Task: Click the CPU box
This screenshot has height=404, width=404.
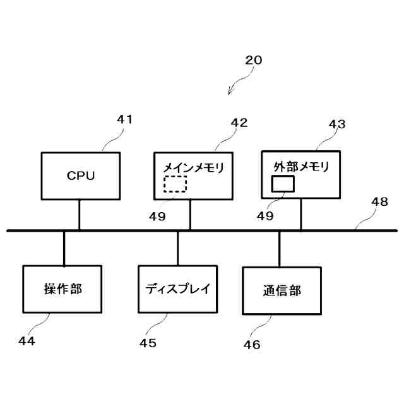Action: coord(80,176)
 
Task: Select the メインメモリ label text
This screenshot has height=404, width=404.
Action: coord(194,168)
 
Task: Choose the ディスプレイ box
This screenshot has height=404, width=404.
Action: coord(177,289)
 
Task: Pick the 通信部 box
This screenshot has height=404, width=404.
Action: coord(282,290)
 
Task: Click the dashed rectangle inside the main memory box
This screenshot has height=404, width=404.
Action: coord(175,184)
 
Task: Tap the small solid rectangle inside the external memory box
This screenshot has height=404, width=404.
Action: coord(283,183)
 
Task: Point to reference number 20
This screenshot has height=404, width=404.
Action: coord(253,61)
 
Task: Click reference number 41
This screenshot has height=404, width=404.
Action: coord(125,119)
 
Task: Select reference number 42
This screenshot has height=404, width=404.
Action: coord(239,122)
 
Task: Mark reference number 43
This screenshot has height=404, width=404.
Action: coord(337,124)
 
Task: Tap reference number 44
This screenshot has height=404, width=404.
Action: coord(27,341)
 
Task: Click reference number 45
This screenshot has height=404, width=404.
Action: coord(148,343)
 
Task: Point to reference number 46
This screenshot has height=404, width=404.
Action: coord(251,345)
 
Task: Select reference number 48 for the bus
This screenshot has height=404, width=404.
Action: coord(379,201)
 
